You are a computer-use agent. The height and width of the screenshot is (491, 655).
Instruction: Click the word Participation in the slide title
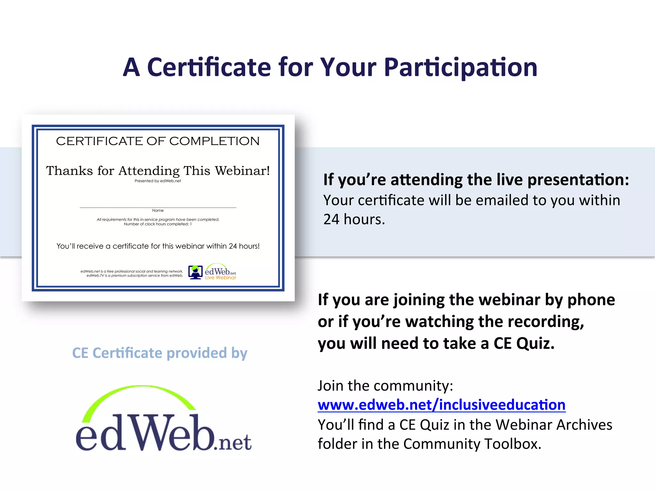pos(461,68)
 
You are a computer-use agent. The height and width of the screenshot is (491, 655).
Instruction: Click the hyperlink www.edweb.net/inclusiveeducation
pos(441,405)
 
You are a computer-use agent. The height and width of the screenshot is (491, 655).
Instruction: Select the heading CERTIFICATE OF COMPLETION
pos(158,141)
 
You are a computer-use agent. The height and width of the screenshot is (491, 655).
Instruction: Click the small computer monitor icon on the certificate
pos(195,272)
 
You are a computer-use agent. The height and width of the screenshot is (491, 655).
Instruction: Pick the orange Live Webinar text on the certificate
pos(221,278)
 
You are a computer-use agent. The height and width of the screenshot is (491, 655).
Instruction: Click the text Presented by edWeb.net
pos(158,181)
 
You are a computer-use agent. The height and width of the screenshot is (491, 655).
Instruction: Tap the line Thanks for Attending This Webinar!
pos(158,171)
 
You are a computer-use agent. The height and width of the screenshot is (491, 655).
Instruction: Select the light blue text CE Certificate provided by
pos(160,353)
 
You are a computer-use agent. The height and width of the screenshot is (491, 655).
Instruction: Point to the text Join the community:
pos(385,386)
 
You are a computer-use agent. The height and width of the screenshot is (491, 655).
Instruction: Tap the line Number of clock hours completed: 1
pos(158,224)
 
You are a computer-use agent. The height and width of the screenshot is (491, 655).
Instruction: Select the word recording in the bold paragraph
pos(546,322)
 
